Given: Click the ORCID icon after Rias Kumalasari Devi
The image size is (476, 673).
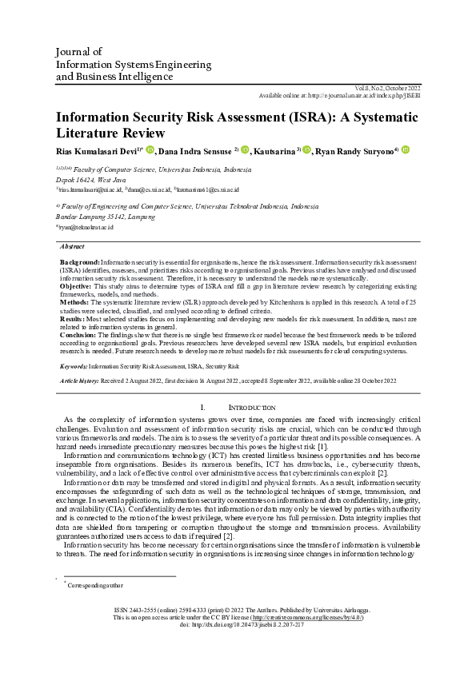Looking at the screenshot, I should click(150, 150).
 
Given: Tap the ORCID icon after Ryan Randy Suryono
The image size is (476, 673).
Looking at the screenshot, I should click(406, 150).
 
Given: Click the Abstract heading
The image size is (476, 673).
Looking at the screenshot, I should click(72, 247).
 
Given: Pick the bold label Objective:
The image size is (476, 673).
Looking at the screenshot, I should click(77, 285).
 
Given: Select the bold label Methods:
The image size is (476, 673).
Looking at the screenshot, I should click(76, 302).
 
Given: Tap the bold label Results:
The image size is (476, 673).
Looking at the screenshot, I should click(74, 317).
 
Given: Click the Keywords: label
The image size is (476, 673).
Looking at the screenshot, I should click(74, 365).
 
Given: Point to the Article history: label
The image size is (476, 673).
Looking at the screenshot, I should click(80, 381).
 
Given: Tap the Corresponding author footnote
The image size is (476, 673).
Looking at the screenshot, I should click(94, 585).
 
